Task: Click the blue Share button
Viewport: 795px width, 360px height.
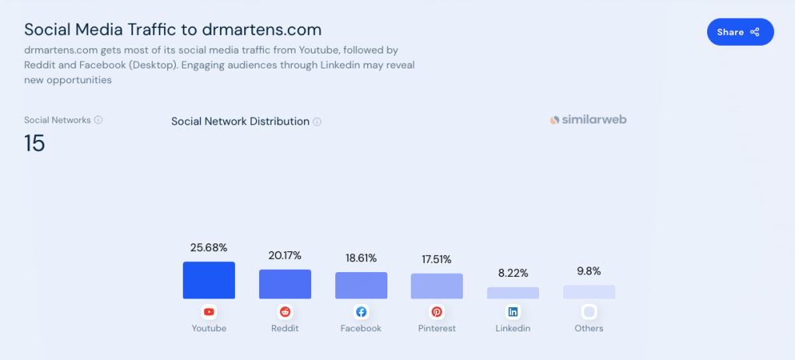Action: coord(740,32)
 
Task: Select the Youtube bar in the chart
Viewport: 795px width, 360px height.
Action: coord(208,280)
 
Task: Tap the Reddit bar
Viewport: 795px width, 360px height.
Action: coord(285,284)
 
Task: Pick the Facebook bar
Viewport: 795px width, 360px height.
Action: coord(361,285)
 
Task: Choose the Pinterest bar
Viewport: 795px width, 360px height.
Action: coord(436,286)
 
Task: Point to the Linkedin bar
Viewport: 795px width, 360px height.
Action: coord(513,293)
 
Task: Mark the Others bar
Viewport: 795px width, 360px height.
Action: coord(589,292)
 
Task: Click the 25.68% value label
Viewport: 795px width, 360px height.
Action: coord(208,248)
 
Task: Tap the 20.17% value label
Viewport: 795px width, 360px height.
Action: coord(285,256)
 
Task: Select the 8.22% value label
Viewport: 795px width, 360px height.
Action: coord(513,274)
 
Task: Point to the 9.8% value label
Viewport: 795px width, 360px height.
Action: coord(589,271)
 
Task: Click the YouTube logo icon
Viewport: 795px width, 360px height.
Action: coord(208,312)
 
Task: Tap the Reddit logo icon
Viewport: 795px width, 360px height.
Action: coord(285,312)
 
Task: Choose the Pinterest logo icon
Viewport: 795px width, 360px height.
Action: coord(436,312)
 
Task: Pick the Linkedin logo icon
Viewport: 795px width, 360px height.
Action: coord(513,312)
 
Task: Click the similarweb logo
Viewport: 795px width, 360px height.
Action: coord(587,120)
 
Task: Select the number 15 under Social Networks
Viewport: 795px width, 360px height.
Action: coord(34,143)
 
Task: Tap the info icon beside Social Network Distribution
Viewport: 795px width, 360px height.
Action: coord(317,122)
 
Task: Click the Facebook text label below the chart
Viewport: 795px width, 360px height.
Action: coord(361,328)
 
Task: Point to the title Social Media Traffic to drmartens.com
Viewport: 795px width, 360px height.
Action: coord(173,30)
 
